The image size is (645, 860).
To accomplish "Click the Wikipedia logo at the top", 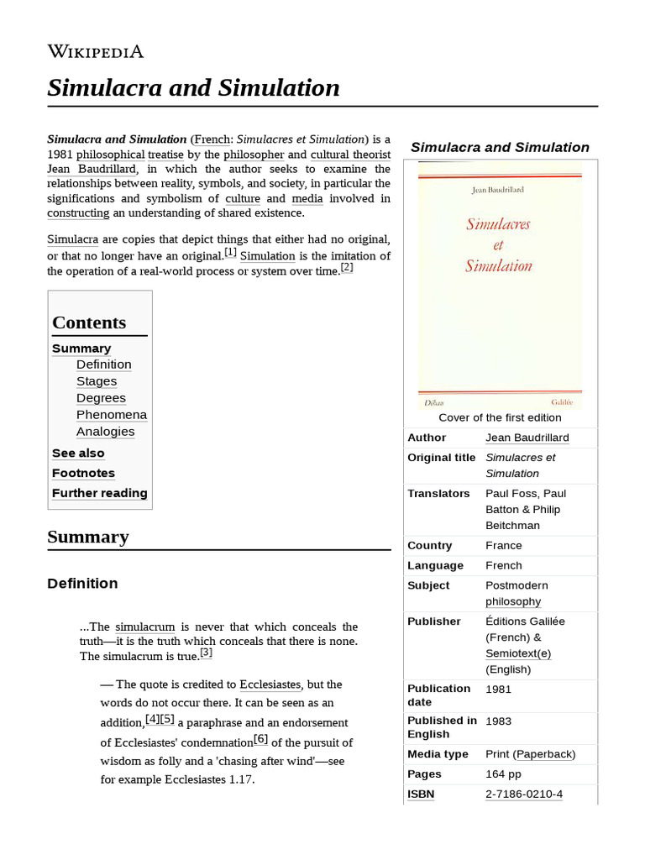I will point(95,51).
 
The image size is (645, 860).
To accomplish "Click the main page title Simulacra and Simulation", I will point(193,87).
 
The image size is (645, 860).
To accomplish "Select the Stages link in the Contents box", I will point(97,381).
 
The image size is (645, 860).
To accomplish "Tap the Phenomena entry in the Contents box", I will point(111,415).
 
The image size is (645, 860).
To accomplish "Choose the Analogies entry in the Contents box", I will point(105,432).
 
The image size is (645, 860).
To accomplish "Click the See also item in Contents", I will point(78,453).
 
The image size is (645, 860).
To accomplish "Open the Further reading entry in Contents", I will point(99,493).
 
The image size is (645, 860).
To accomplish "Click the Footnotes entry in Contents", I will point(83,473).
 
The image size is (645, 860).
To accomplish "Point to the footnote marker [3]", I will point(206,653).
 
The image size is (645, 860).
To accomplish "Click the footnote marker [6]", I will point(260,739).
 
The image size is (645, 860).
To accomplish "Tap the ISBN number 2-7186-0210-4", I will point(524,794).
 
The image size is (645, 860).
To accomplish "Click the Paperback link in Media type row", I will point(544,754).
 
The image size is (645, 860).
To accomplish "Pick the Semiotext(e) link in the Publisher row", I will point(518,653).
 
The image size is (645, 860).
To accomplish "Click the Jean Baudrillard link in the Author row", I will point(527,438).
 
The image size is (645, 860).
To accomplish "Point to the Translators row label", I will point(438,493).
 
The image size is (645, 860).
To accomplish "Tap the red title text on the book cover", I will point(498,245).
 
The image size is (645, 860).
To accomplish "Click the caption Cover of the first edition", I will point(500,417).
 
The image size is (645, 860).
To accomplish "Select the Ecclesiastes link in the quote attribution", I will point(270,684).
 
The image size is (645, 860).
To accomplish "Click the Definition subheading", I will point(82,583).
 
